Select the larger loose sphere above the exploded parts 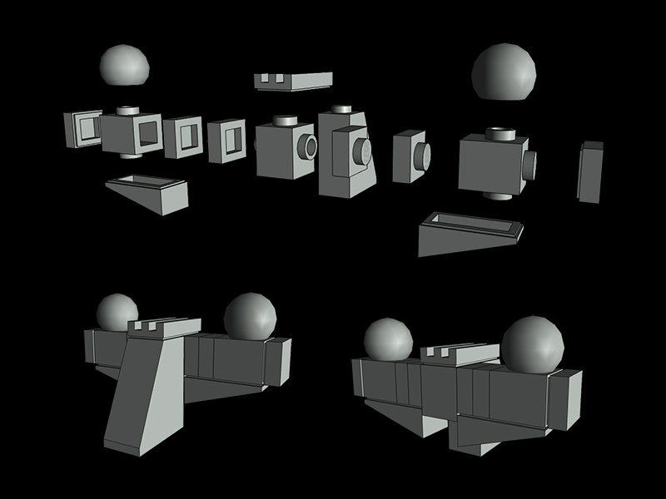(x=504, y=72)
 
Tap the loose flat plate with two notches (x=293, y=81)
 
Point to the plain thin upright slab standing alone (x=590, y=172)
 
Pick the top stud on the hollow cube (x=127, y=109)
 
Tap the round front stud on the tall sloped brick (x=363, y=151)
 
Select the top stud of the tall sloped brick (x=342, y=109)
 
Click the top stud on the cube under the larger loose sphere (x=500, y=133)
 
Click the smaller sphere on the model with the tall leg (x=117, y=312)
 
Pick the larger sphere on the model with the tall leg (x=250, y=316)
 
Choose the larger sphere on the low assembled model (x=532, y=343)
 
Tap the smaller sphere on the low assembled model (x=388, y=339)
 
